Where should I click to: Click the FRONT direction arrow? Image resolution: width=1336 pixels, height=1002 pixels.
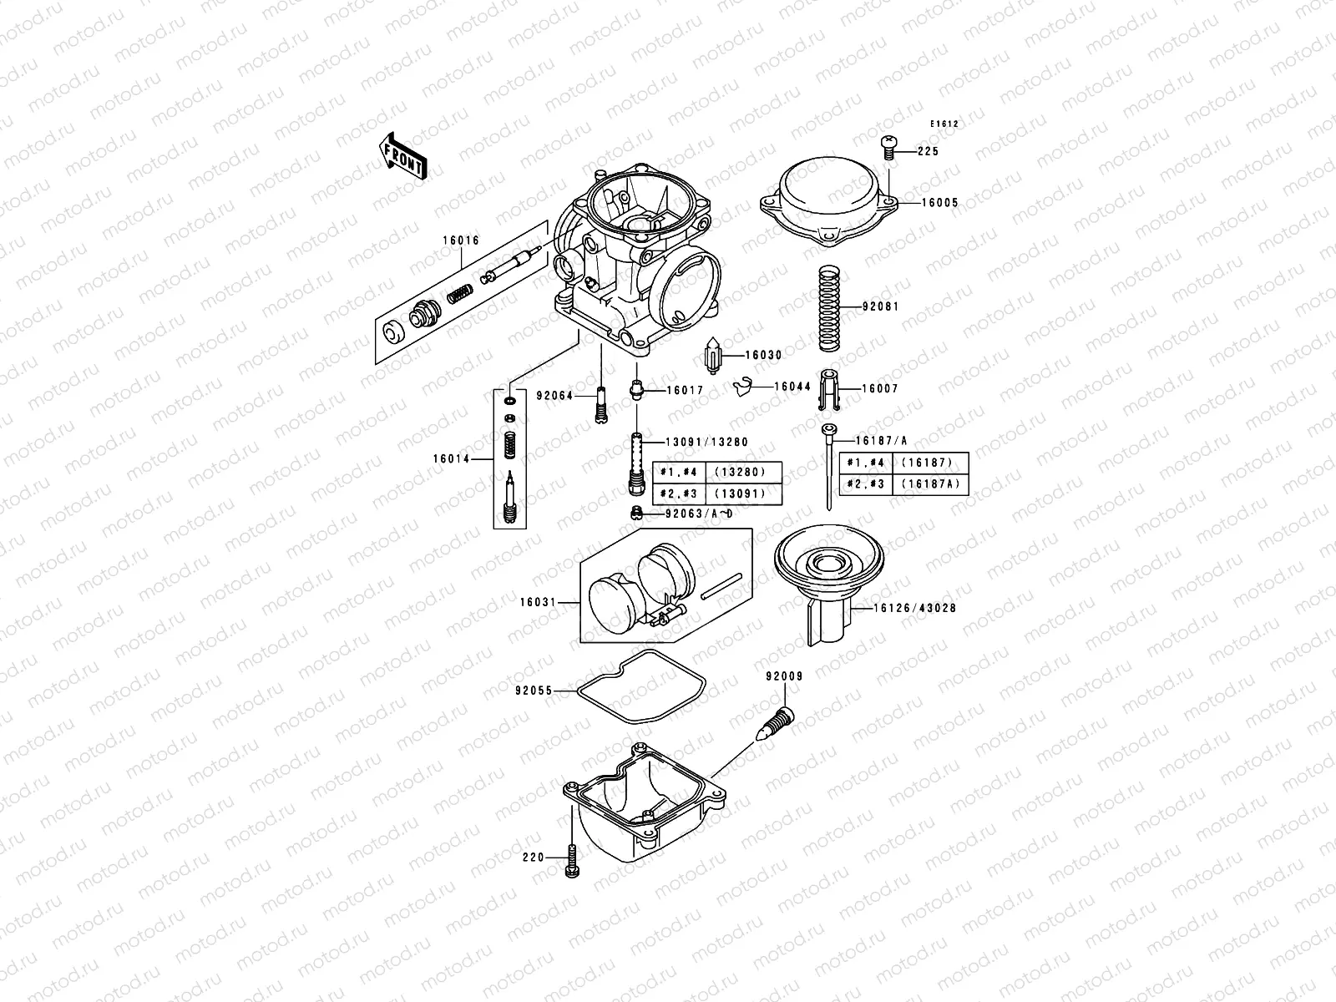coord(403,156)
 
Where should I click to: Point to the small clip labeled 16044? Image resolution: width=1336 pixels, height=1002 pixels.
coord(740,386)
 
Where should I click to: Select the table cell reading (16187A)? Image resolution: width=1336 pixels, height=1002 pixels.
coord(931,484)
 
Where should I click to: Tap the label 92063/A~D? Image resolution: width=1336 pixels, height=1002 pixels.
coord(699,513)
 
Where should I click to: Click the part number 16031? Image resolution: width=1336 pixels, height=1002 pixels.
coord(538,601)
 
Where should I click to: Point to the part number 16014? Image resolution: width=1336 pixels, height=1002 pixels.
coord(451,458)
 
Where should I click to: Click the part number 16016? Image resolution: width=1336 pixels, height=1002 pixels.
coord(461,240)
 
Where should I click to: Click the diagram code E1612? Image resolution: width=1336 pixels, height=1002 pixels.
coord(945,124)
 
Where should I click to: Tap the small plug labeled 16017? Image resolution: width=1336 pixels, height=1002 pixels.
coord(637,389)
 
